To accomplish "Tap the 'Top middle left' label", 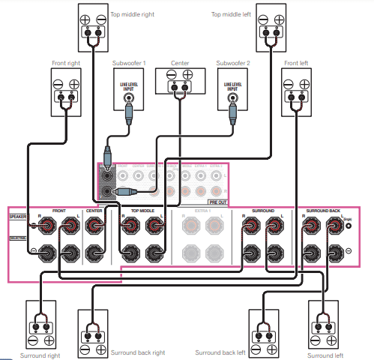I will [232, 13].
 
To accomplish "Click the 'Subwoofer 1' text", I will [129, 64].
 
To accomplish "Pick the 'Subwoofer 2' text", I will [232, 64].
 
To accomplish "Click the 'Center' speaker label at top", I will [180, 64].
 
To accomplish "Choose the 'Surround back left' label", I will [220, 352].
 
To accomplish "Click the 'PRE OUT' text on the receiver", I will [218, 201].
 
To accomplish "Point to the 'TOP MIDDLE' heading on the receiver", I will [142, 211].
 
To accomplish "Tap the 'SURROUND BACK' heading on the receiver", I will [323, 211].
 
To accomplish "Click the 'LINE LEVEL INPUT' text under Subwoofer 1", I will [129, 85].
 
